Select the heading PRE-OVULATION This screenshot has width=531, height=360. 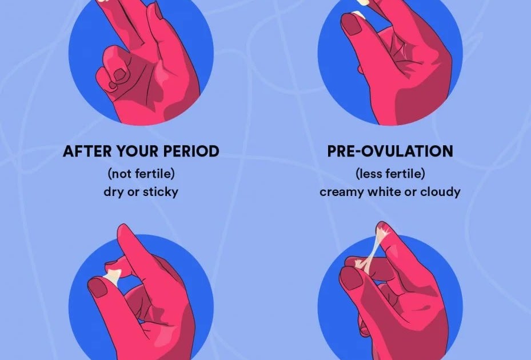[390, 151]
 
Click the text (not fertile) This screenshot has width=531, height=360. [141, 174]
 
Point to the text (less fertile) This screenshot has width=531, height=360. [390, 174]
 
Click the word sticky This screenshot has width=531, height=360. [160, 192]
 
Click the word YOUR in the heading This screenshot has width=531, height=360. [138, 151]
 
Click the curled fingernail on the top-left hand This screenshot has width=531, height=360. [119, 74]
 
